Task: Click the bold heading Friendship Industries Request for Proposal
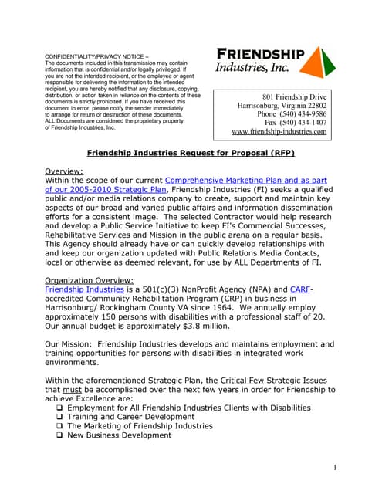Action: [191, 153]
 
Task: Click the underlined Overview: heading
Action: [64, 171]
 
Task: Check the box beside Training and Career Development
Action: [59, 416]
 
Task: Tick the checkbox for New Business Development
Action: [59, 435]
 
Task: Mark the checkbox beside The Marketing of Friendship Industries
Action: [59, 426]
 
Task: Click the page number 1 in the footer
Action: [335, 468]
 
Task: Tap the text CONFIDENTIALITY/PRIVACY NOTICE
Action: [99, 56]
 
